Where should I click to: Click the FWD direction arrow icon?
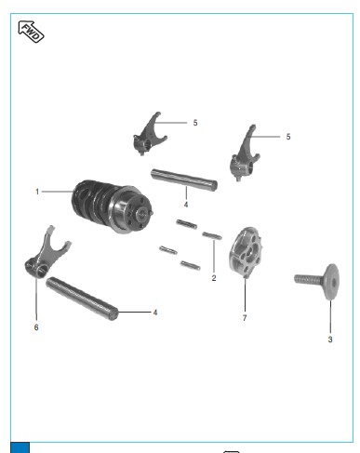click(x=31, y=32)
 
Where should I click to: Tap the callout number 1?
click(x=37, y=192)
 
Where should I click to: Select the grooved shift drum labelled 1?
click(x=113, y=206)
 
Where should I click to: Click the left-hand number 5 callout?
click(x=195, y=123)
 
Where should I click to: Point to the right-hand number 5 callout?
click(x=288, y=137)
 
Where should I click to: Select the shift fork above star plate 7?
click(x=245, y=153)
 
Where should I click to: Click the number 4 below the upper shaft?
click(x=186, y=205)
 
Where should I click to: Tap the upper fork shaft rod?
click(x=184, y=180)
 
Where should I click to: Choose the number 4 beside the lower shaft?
click(x=155, y=313)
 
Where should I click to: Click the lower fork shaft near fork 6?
click(x=82, y=299)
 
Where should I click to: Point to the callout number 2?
click(x=214, y=278)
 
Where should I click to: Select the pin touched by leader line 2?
click(x=212, y=235)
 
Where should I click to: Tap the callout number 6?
click(x=36, y=327)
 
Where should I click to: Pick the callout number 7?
click(x=245, y=318)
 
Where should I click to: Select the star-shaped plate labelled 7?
click(x=246, y=252)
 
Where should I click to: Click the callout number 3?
click(x=330, y=340)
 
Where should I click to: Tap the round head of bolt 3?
click(x=332, y=282)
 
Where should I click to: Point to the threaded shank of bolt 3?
click(x=309, y=279)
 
